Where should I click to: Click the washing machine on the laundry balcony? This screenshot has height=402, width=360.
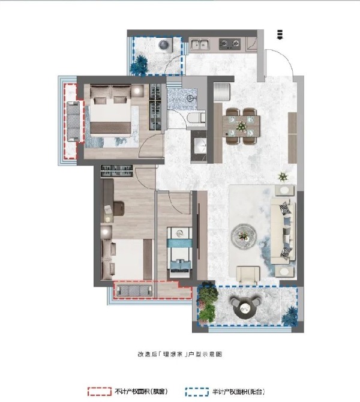coord(164,45)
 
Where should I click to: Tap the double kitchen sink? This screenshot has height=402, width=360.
coord(199,44)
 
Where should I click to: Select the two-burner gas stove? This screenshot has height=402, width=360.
coord(229,44)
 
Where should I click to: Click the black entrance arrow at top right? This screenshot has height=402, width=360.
coord(280,34)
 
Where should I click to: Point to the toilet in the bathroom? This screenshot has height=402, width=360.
coord(196,118)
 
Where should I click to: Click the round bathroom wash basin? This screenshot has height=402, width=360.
coord(190,98)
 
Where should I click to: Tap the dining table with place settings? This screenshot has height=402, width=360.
coord(241,126)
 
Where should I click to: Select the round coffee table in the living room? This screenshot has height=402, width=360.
coord(244,236)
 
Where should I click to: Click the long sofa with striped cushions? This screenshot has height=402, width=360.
coord(283,230)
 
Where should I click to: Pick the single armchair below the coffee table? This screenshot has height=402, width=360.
coord(248,275)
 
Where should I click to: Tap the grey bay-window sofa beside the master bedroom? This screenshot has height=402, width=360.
coord(73,121)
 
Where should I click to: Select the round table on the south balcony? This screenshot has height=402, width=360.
coord(245,308)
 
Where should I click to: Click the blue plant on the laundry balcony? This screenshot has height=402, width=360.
coord(139,65)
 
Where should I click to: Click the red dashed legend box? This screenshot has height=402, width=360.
coord(99,392)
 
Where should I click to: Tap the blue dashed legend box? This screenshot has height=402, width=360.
coord(197,392)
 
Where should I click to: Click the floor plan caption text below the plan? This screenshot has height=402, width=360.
coord(180,355)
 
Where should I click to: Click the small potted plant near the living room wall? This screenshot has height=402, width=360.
coord(283,176)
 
